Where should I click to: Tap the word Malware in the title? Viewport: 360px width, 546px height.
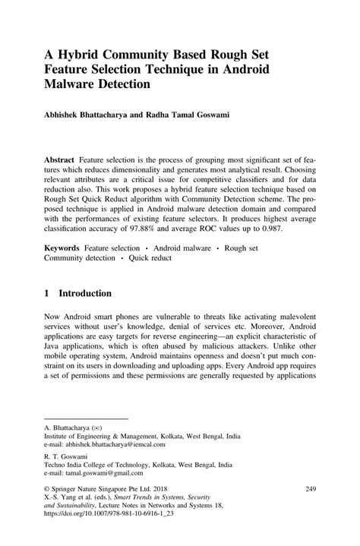(x=76, y=84)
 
